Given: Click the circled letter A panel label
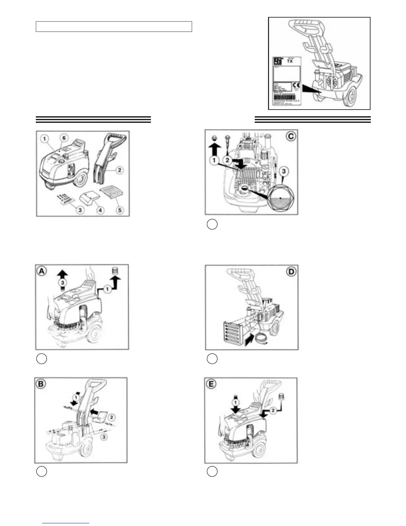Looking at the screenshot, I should coord(41,271).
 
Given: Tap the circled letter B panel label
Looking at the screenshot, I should coord(41,384).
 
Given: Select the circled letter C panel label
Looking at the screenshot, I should coord(291,136).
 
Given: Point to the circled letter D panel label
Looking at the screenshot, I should coord(291,272).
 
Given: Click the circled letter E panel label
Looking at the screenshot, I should coord(211,384).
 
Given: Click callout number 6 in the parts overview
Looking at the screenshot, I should coord(64,138).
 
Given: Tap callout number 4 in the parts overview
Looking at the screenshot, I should coord(100,210).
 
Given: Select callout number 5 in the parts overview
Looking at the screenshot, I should coord(120,210).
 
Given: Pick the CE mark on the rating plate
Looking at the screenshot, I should coord(297,85).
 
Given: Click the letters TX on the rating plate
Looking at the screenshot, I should coord(290,61).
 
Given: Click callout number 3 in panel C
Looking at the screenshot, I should coord(284,171).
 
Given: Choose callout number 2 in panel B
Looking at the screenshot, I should coord(112,417).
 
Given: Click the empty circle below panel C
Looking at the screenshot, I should coord(212,224).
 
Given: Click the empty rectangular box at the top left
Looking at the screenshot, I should coord(114,27).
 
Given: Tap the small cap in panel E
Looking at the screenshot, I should coord(282,396).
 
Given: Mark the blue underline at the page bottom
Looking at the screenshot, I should coord(66,523).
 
